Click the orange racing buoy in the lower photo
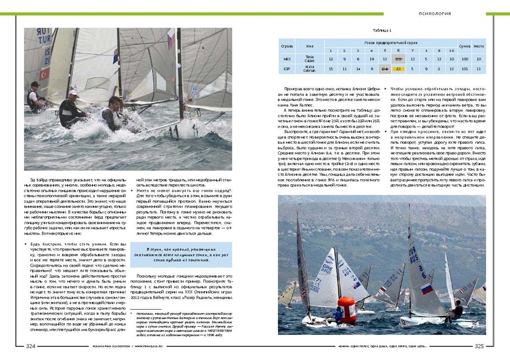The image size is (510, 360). click(x=347, y=309)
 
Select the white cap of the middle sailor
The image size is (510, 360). click(x=73, y=93)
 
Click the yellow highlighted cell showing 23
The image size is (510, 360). click(x=398, y=68)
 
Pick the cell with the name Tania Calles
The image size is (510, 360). click(x=310, y=59)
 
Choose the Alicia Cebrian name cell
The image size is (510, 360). click(x=310, y=68)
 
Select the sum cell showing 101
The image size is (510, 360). click(x=465, y=68)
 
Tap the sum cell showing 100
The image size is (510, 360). click(x=465, y=59)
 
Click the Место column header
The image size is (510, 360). click(x=478, y=46)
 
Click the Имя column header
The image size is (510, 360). click(x=310, y=46)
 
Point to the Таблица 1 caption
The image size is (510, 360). click(x=382, y=31)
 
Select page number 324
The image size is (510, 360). click(x=31, y=346)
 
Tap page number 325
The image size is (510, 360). click(x=479, y=346)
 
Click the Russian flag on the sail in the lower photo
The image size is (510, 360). click(x=427, y=289)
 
